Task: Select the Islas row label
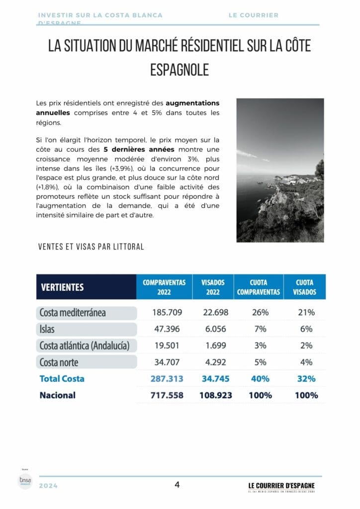tap(47, 329)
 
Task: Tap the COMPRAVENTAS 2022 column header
tap(164, 287)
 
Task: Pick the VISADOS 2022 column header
tap(213, 287)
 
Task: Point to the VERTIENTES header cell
tap(62, 287)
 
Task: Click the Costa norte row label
tap(59, 362)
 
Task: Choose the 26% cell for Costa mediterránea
tap(260, 313)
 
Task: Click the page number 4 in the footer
tap(177, 485)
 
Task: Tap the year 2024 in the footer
tap(48, 486)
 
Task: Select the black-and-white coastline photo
tap(280, 170)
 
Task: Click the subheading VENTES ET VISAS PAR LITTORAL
tap(90, 247)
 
